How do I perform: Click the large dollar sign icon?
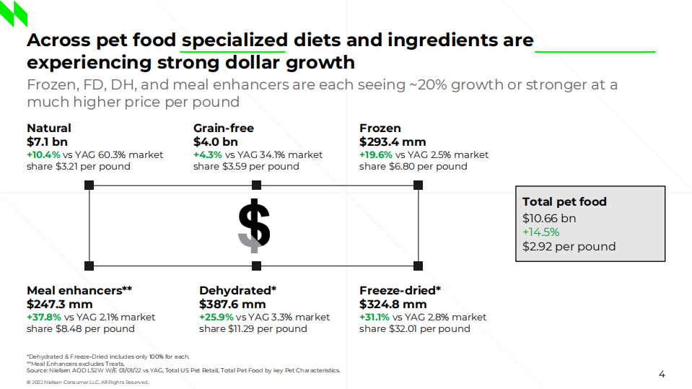tap(254, 225)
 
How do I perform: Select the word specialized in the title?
tap(234, 40)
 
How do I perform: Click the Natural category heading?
tap(49, 128)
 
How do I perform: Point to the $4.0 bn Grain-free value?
tap(215, 141)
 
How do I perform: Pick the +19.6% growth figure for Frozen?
tap(376, 154)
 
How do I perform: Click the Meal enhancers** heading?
tap(79, 290)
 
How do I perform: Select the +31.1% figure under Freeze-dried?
tap(375, 317)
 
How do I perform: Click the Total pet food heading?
tap(564, 202)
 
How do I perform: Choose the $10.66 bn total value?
tap(549, 218)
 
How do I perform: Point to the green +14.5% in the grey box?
tap(540, 232)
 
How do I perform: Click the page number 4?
tap(662, 374)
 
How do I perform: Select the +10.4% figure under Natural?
tap(43, 154)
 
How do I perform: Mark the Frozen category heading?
tap(380, 128)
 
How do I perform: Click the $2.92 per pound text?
tap(569, 246)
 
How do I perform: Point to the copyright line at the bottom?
tap(87, 383)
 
